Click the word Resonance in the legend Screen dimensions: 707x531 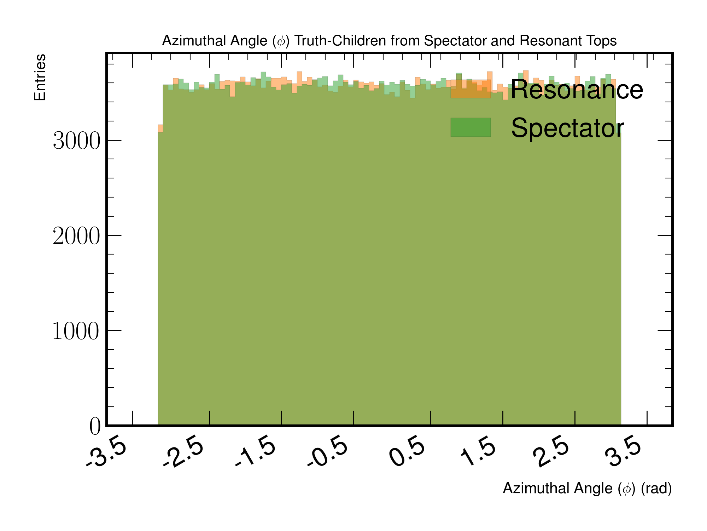tap(577, 90)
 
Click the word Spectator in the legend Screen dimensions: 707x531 tap(567, 127)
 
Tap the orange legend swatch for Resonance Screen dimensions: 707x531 tap(471, 89)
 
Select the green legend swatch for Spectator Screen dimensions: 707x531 tap(471, 127)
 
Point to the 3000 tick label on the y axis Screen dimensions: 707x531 tap(76, 141)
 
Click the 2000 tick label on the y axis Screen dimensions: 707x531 tap(76, 236)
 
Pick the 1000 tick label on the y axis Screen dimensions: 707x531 tap(76, 331)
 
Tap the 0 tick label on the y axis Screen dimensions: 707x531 tap(95, 426)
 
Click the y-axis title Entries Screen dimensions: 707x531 tap(40, 77)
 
